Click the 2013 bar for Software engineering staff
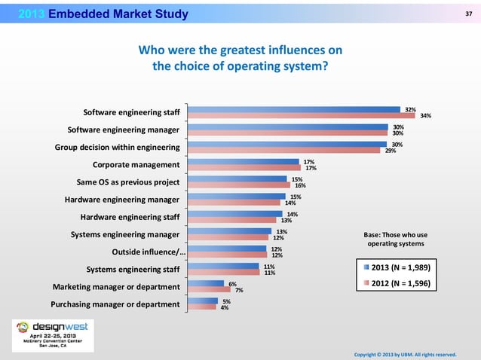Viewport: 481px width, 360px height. tap(294, 109)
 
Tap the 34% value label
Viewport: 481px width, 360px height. tap(425, 116)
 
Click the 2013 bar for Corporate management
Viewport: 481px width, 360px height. tap(244, 161)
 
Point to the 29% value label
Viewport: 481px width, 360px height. tap(391, 151)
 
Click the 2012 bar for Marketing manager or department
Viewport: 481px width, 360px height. tap(210, 289)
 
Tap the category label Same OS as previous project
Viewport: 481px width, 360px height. tap(128, 182)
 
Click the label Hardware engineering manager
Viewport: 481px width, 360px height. tap(121, 200)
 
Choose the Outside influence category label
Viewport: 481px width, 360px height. tap(146, 252)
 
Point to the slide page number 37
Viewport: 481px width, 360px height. tap(468, 12)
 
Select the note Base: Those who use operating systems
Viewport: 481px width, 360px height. tap(395, 239)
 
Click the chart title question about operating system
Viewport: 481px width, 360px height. tap(240, 57)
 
